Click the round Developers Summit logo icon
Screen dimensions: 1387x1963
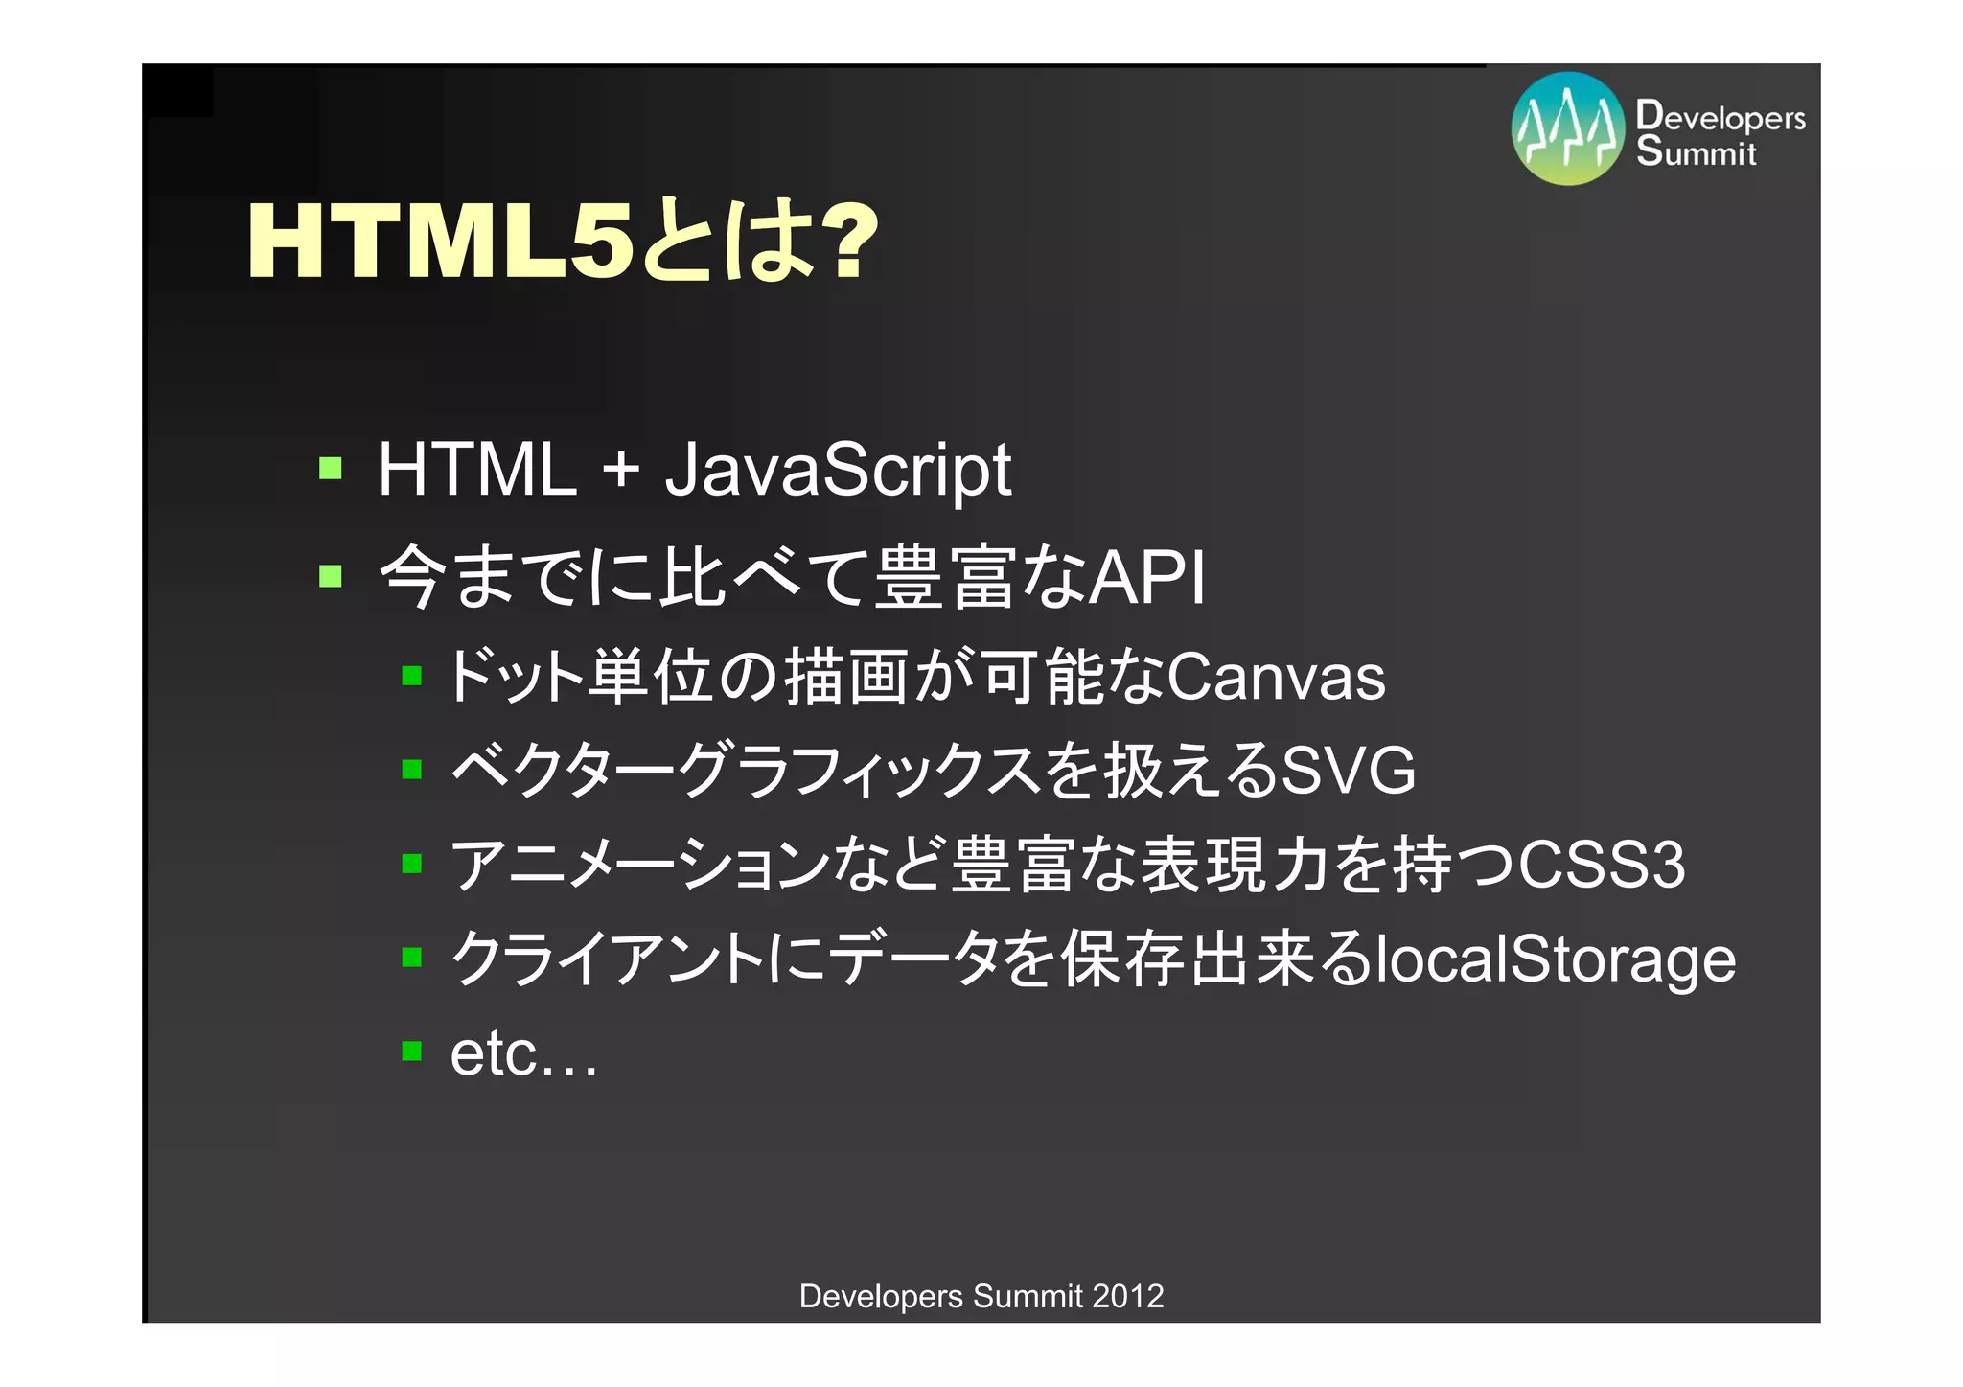[x=1568, y=128]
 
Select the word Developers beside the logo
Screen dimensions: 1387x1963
[x=1721, y=117]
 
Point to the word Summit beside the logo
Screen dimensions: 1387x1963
[x=1697, y=152]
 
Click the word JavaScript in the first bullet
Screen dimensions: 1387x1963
[x=838, y=470]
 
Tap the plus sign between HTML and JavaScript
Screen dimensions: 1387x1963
[x=620, y=470]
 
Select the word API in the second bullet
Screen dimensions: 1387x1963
[x=1147, y=577]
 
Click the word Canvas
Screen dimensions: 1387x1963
[x=1276, y=677]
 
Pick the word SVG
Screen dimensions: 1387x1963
[x=1349, y=770]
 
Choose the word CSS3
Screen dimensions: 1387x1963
[x=1602, y=864]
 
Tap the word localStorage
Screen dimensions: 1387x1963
[x=1555, y=959]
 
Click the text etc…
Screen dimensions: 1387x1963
[x=523, y=1053]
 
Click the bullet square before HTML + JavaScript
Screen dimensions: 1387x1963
[x=331, y=468]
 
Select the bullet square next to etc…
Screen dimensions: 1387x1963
[x=412, y=1052]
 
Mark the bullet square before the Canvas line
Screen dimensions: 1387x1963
[x=412, y=676]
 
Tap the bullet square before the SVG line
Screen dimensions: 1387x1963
[x=412, y=769]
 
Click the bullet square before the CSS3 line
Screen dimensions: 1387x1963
[x=412, y=864]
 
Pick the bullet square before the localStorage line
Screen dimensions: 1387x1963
[x=412, y=957]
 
